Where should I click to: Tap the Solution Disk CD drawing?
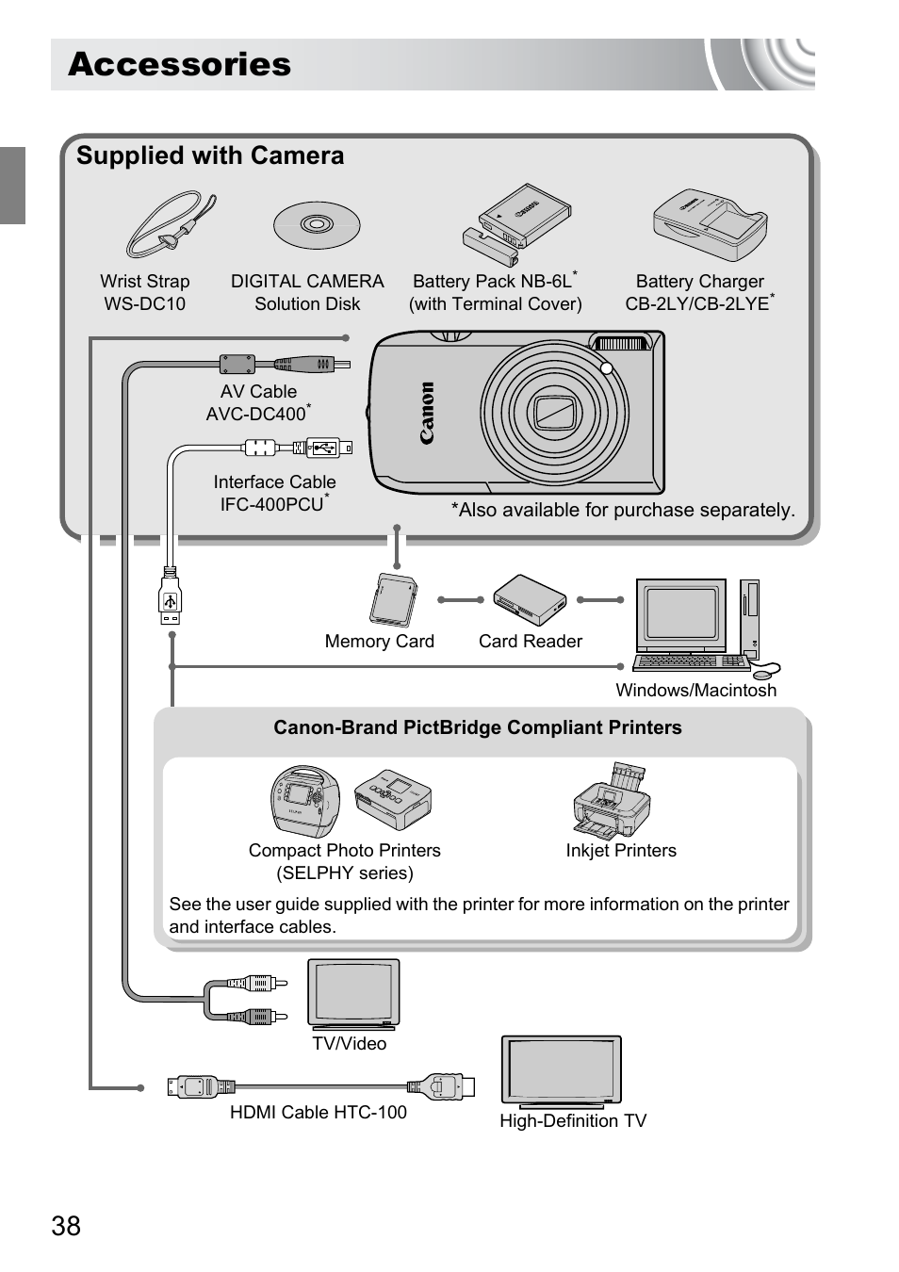[317, 225]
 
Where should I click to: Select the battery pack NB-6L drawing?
[518, 222]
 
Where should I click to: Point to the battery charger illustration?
[711, 224]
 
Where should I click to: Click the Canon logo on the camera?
[427, 413]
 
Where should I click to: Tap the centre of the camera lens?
[555, 412]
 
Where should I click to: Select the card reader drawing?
[530, 600]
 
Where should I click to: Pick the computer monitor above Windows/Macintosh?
[681, 615]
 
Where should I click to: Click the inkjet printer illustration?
[612, 803]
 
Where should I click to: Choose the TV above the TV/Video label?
[353, 993]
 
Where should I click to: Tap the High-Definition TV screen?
[562, 1069]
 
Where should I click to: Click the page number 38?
[66, 1226]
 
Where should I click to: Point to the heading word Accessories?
[180, 64]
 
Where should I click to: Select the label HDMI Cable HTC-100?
[319, 1113]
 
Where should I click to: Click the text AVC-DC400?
[256, 414]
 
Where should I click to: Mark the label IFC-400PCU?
[272, 504]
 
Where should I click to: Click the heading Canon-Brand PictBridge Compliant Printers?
[477, 727]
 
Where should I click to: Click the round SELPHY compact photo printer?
[305, 799]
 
